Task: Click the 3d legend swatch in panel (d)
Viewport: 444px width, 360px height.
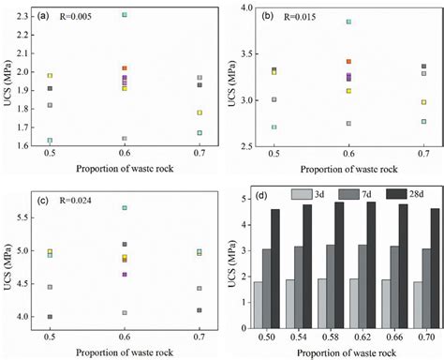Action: coord(304,194)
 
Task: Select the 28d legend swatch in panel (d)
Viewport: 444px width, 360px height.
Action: coord(387,194)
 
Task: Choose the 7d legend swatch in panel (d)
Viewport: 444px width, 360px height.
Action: coord(346,194)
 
